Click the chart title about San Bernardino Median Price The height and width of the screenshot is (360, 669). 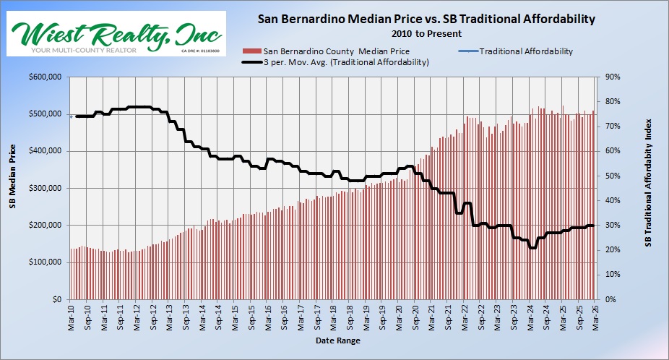[x=426, y=20]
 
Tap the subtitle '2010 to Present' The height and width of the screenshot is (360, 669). [x=426, y=33]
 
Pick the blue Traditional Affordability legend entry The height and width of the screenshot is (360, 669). [x=517, y=51]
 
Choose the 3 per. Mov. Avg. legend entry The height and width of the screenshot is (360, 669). [x=340, y=62]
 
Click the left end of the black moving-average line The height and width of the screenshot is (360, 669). [x=77, y=116]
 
